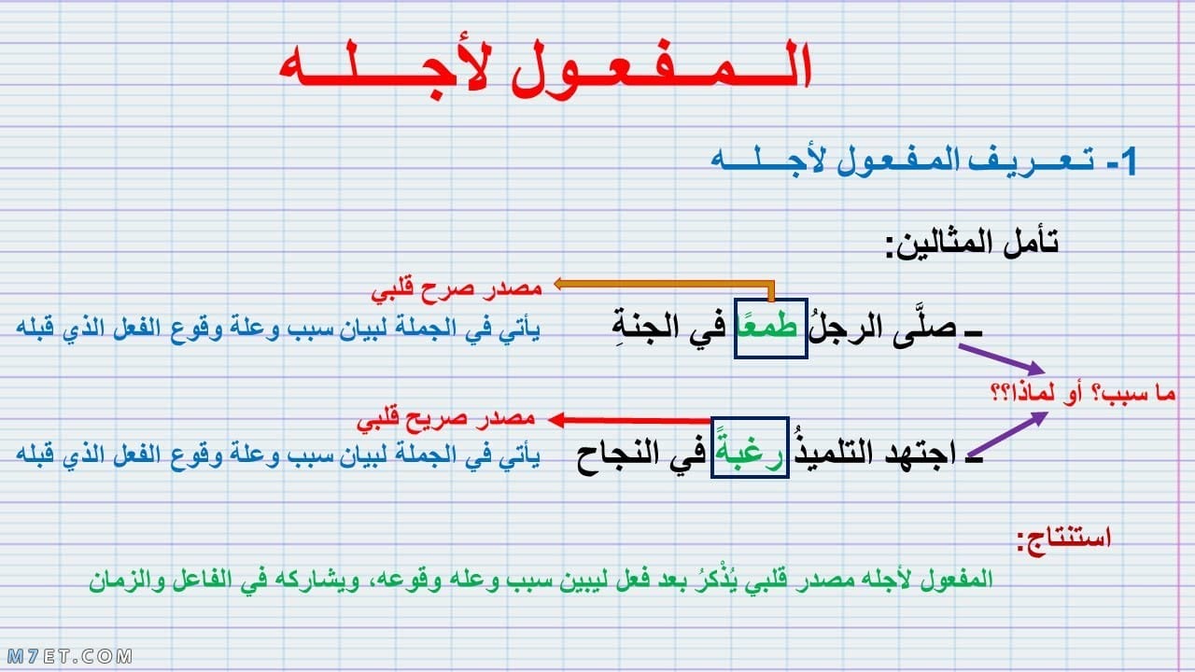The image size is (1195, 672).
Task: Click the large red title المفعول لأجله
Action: click(545, 68)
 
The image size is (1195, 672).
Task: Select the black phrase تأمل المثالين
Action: click(972, 244)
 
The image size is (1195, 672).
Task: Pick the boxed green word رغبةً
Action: click(750, 449)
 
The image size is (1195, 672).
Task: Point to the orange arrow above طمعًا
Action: click(664, 285)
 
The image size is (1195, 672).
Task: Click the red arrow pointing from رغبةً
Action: click(628, 420)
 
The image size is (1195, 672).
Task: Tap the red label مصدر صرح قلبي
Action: click(457, 290)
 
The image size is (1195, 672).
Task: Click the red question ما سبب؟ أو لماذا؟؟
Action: click(1083, 394)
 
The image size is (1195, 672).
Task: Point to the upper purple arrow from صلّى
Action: click(1002, 360)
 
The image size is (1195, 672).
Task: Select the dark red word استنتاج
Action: click(1063, 539)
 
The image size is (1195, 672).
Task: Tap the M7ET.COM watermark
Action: click(70, 656)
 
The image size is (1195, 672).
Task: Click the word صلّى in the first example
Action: click(923, 327)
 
